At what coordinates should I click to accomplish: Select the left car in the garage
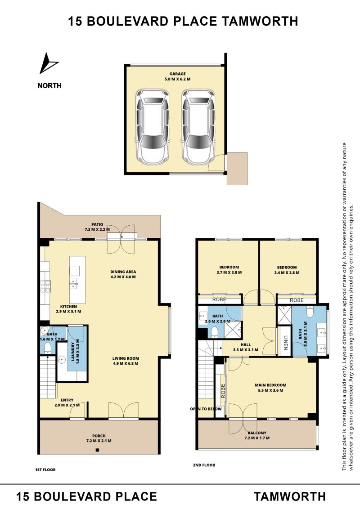coord(153,127)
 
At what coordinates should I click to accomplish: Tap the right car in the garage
coord(198,127)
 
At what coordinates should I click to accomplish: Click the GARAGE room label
coord(177,74)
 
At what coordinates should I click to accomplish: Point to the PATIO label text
coord(97,224)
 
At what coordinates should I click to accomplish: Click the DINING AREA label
coord(123,272)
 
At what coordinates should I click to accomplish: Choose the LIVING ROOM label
coord(126,358)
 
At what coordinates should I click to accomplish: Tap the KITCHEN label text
coord(68,307)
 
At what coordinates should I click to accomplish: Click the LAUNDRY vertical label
coord(73,352)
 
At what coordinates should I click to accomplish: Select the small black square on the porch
coord(97,450)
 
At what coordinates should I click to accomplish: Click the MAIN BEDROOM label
coord(270,385)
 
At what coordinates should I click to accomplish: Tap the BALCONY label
coord(257,433)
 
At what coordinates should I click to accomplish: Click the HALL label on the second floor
coord(246,345)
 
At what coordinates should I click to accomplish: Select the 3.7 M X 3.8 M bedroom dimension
coord(229,272)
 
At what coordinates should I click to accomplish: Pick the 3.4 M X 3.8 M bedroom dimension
coord(287,272)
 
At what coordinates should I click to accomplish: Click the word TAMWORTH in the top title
coord(260,22)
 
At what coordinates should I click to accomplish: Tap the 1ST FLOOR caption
coord(45,470)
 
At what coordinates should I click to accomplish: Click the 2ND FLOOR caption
coord(204,465)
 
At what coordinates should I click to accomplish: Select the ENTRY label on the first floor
coord(67,400)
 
